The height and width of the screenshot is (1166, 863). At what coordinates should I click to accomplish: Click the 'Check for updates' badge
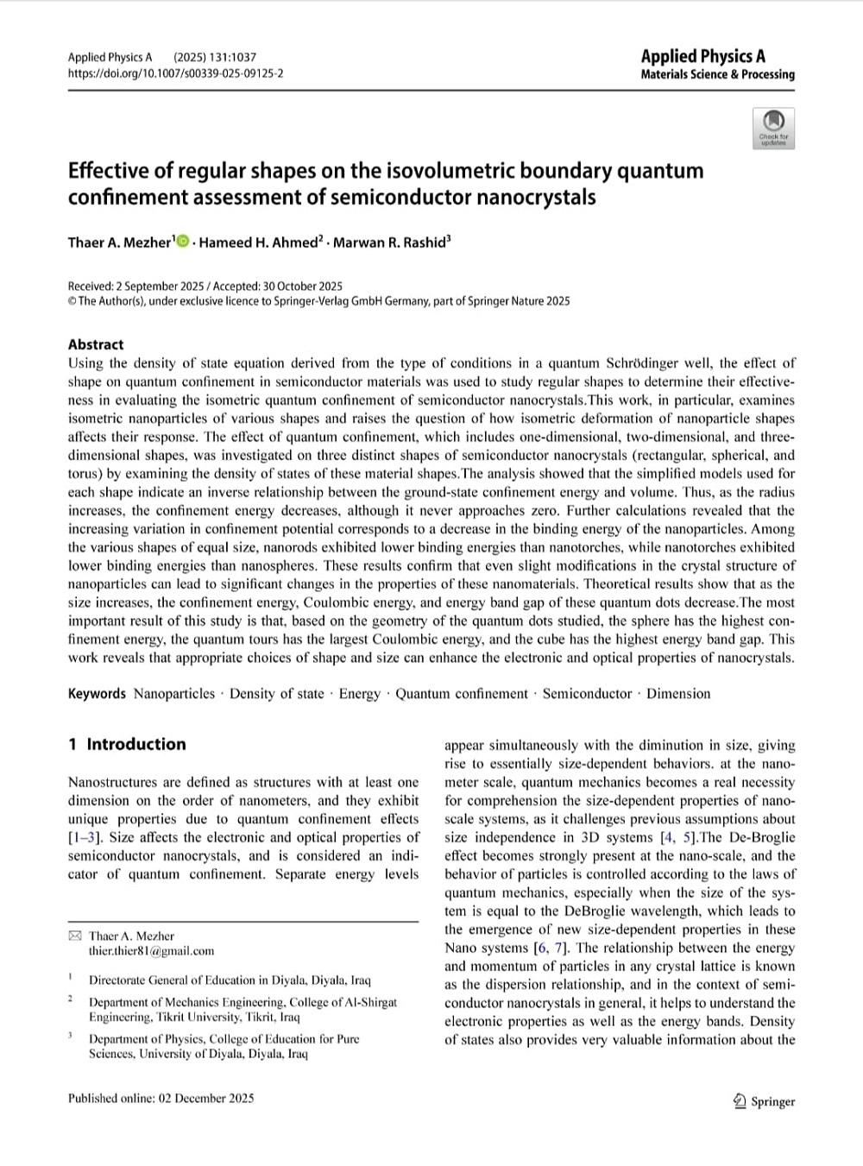point(773,128)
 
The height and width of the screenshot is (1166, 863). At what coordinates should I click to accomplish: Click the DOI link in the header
point(175,73)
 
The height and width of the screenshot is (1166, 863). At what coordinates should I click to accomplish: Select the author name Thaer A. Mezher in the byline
point(120,243)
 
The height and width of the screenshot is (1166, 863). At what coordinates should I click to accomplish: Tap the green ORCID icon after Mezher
point(183,242)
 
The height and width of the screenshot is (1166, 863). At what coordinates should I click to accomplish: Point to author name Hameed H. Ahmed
point(257,243)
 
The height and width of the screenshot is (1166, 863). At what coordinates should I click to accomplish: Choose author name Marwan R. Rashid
point(389,243)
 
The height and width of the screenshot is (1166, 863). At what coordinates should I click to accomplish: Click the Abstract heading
point(96,344)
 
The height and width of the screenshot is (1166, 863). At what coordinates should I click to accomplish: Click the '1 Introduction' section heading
point(127,744)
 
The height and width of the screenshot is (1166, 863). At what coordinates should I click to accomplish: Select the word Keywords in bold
point(97,694)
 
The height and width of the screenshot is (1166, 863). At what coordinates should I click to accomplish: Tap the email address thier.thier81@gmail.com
point(151,951)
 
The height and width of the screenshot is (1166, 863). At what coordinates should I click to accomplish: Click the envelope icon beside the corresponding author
point(75,936)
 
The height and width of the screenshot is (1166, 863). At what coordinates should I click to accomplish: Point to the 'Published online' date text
point(161,1098)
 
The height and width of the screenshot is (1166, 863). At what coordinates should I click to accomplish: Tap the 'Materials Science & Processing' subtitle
point(717,74)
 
